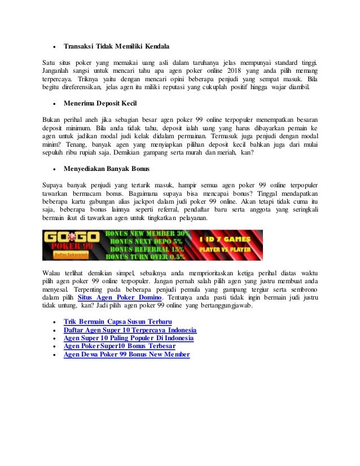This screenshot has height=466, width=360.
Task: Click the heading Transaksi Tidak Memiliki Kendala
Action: click(x=116, y=46)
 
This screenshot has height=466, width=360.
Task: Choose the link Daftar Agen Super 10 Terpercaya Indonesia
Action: click(x=130, y=330)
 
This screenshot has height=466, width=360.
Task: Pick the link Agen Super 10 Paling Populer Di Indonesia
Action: click(x=128, y=338)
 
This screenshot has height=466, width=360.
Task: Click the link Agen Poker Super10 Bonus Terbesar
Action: click(x=119, y=346)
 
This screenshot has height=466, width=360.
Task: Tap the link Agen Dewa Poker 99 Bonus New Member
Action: click(x=126, y=354)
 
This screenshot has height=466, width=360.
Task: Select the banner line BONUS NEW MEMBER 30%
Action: click(x=142, y=233)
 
